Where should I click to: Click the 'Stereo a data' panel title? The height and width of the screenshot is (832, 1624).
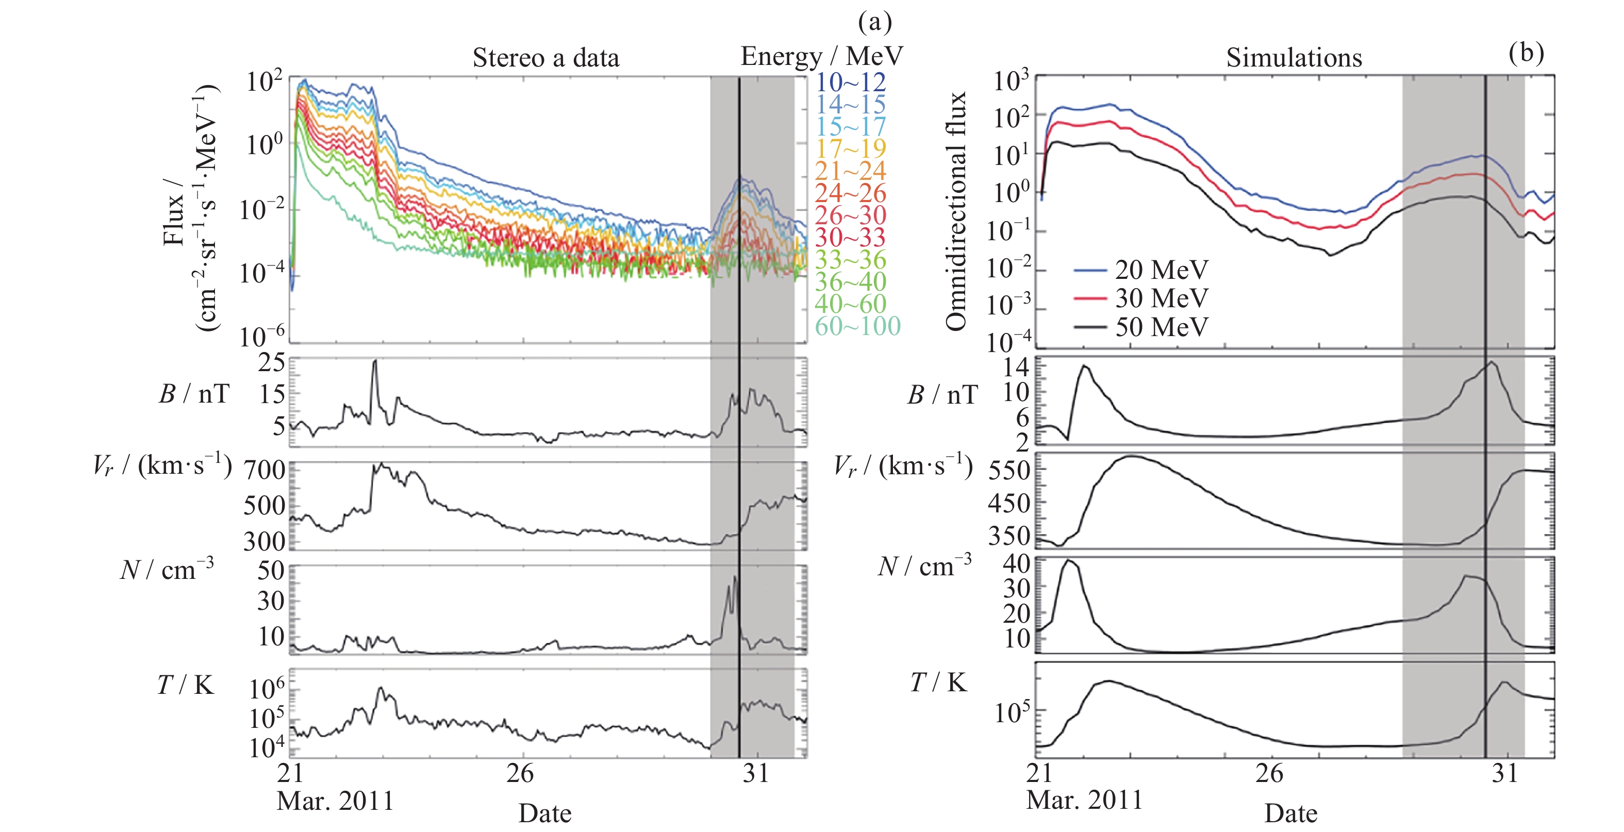(546, 58)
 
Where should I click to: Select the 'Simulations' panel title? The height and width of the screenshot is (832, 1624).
(1294, 58)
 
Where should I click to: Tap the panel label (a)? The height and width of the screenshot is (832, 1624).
(875, 23)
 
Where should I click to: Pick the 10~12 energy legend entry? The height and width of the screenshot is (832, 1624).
(851, 82)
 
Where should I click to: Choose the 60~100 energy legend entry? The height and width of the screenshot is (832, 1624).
(857, 326)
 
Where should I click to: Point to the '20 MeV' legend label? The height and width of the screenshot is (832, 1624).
(1161, 270)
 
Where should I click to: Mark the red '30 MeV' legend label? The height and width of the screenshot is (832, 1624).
(1161, 298)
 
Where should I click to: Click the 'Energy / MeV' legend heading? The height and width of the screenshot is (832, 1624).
(821, 57)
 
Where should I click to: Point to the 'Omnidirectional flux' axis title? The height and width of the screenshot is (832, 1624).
(956, 211)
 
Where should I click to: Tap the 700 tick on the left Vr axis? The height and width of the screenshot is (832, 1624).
(265, 470)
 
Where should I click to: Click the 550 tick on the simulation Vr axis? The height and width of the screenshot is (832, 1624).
(1009, 470)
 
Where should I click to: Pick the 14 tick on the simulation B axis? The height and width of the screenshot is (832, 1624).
(1016, 367)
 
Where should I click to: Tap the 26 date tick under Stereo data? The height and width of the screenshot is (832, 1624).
(520, 773)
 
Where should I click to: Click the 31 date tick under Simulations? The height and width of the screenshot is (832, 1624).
(1505, 773)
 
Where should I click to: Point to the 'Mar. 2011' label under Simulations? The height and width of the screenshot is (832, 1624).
(1084, 801)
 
